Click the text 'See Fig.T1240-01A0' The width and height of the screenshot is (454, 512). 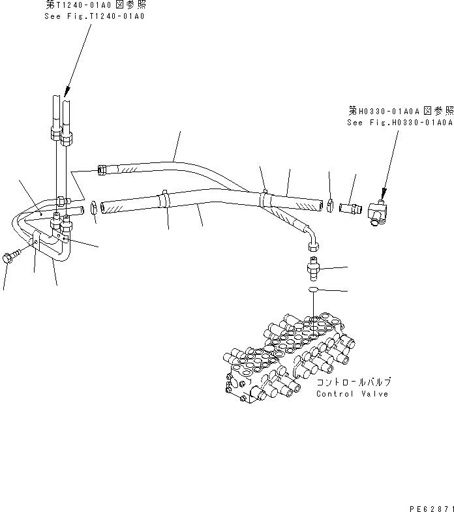click(95, 16)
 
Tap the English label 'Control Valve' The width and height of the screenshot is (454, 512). click(352, 394)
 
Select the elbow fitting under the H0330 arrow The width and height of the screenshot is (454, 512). click(378, 212)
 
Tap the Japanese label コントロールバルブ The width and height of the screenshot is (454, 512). click(354, 383)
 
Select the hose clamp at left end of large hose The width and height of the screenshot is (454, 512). click(94, 207)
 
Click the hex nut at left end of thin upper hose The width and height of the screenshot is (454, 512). click(101, 170)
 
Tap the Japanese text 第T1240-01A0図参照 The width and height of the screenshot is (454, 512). click(95, 5)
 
